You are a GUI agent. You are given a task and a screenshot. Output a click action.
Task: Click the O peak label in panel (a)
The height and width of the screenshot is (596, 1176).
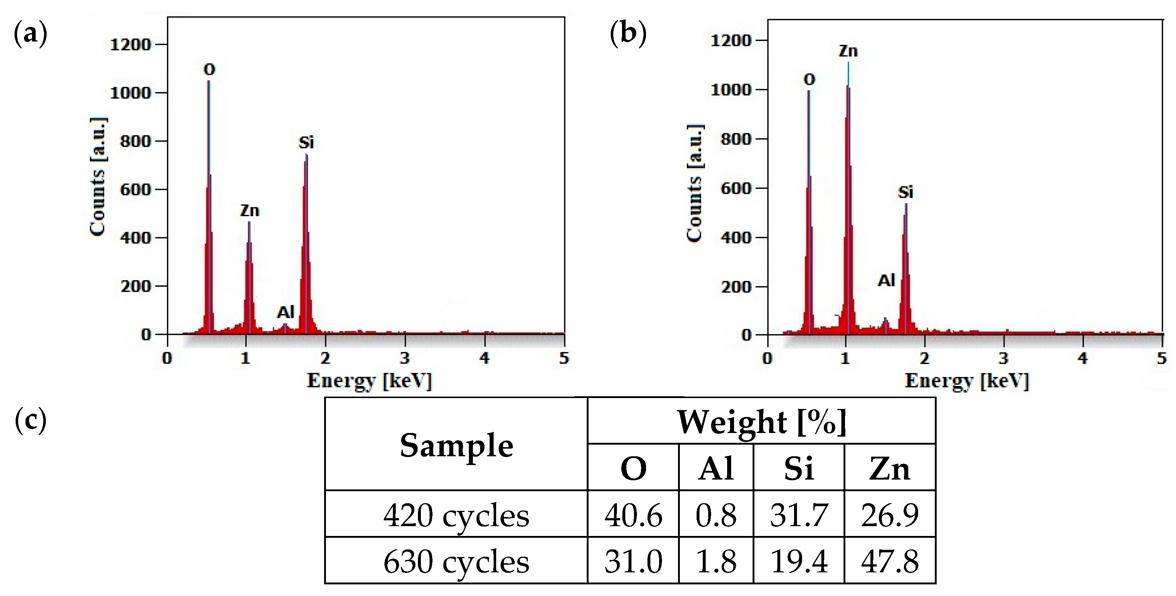pos(209,70)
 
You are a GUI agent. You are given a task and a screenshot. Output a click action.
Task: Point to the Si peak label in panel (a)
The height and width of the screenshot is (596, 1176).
pos(306,143)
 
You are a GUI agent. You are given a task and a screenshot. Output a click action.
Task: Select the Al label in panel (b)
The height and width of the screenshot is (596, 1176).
pos(886,280)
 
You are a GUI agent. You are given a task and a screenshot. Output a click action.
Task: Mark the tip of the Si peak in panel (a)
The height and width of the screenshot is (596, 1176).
pos(306,155)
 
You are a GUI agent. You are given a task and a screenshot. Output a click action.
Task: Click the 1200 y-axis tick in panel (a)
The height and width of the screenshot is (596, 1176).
pos(131,45)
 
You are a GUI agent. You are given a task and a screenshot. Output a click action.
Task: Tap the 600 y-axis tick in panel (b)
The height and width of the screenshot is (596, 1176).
pos(736,188)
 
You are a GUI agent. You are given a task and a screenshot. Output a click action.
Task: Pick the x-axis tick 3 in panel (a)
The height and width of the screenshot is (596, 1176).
pos(405,358)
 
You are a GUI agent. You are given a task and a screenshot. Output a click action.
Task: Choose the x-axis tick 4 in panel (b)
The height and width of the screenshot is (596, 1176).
pos(1083,358)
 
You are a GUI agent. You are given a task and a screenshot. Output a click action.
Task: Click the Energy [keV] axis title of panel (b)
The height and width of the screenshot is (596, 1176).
pos(966,381)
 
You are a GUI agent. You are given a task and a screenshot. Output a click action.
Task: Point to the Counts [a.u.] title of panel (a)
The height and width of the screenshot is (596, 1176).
pos(98,177)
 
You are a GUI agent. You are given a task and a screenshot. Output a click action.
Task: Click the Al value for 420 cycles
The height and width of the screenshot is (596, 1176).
pos(715,515)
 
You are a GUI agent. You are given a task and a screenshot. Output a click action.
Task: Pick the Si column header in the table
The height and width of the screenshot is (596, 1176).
pos(798,469)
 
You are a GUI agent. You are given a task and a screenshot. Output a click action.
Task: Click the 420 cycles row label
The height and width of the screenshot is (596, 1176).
pos(456,515)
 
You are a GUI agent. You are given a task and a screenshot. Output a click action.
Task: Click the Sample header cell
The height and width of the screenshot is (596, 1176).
pos(456,445)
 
